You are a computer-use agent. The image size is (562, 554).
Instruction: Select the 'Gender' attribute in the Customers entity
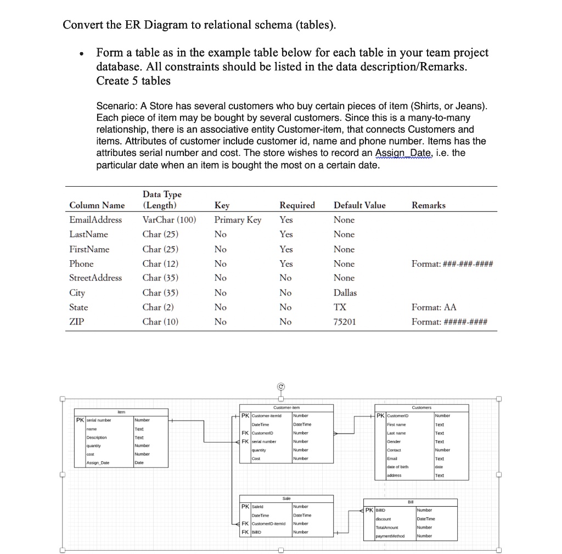point(394,441)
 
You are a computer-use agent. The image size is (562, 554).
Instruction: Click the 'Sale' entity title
point(286,499)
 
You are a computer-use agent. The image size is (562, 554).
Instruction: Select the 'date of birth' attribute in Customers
point(397,467)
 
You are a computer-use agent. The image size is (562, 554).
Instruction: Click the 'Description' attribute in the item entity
point(97,438)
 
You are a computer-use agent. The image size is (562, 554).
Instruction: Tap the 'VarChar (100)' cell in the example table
point(168,220)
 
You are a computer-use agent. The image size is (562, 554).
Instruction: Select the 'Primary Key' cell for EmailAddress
point(238,220)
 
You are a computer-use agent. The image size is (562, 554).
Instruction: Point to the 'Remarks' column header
point(428,205)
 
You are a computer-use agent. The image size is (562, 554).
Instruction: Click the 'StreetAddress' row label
point(95,278)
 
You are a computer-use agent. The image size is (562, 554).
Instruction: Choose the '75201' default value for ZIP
point(344,322)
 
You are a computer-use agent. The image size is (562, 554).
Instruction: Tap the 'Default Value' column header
point(359,205)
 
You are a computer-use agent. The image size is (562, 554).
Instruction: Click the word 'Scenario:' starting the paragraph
point(114,106)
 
